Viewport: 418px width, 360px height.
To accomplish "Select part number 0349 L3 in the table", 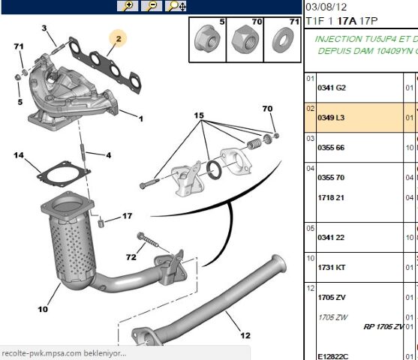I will pyautogui.click(x=331, y=118).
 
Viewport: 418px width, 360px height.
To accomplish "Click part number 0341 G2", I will pyautogui.click(x=331, y=87).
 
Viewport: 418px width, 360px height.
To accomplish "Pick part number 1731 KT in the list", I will pyautogui.click(x=331, y=267).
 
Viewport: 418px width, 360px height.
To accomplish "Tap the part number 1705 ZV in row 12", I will pyautogui.click(x=331, y=298).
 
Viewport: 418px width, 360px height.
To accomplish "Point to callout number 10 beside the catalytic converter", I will pyautogui.click(x=42, y=308).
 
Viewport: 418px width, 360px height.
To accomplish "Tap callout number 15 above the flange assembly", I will pyautogui.click(x=199, y=115).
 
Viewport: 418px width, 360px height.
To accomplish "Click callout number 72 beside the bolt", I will pyautogui.click(x=131, y=257).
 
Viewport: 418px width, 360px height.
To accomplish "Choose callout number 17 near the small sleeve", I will pyautogui.click(x=127, y=216).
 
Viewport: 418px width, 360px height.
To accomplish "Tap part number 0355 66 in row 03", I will pyautogui.click(x=331, y=148).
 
